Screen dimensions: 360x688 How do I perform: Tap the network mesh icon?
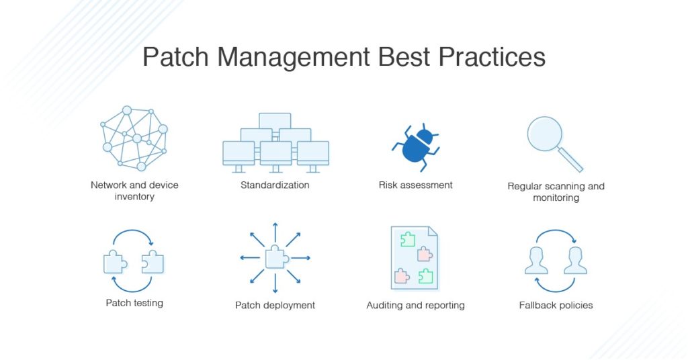point(134,138)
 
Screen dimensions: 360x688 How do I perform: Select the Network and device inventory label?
point(134,191)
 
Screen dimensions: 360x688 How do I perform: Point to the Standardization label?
point(275,185)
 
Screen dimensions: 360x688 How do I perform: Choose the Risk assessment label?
point(415,185)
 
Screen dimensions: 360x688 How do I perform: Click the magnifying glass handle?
point(572,161)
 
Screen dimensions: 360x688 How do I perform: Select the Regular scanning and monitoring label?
point(556,192)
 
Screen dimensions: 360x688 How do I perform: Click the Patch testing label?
point(134,303)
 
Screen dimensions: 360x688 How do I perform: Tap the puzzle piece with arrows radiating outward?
point(275,257)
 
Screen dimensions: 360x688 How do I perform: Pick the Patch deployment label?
point(275,305)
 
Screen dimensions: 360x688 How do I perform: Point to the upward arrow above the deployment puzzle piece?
point(275,230)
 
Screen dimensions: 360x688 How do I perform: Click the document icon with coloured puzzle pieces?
point(415,258)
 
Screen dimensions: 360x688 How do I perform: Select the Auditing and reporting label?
point(415,305)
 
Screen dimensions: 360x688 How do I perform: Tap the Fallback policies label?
point(556,305)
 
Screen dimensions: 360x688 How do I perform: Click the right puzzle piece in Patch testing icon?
point(153,262)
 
